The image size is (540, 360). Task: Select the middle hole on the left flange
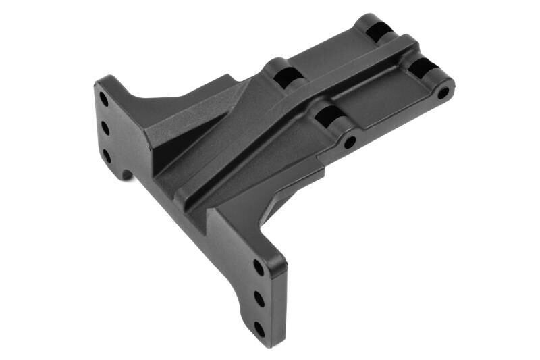(105, 127)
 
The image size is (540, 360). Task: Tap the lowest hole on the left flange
(106, 155)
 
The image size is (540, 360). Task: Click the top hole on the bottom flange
(258, 266)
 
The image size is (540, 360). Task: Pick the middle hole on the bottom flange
(259, 297)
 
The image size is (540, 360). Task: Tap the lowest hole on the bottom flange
(259, 328)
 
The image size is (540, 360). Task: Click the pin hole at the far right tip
(443, 92)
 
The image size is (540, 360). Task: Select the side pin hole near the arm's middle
(350, 143)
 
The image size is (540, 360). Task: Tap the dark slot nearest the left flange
(283, 75)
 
